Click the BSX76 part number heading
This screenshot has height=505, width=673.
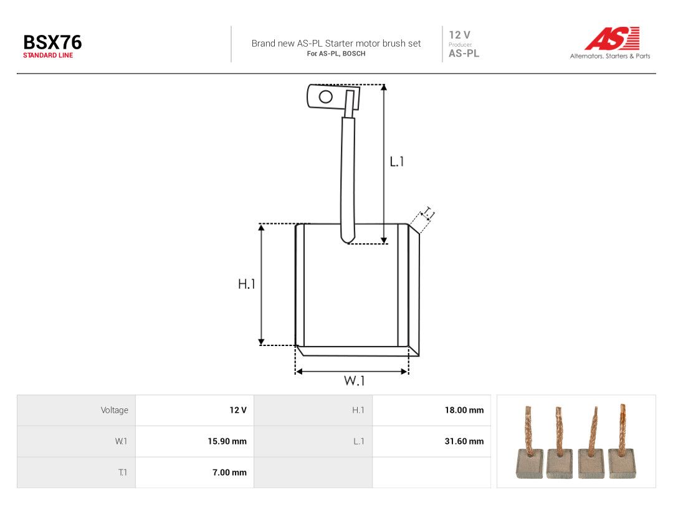(x=52, y=42)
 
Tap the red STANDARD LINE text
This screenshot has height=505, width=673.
(x=48, y=55)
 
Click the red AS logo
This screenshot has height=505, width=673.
(x=613, y=38)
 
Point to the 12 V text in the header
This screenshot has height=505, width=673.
(x=460, y=35)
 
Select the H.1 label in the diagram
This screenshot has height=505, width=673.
(x=247, y=284)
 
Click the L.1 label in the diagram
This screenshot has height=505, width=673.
(x=396, y=161)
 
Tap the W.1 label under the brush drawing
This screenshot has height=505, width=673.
(x=354, y=380)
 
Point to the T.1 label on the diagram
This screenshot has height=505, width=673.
(x=429, y=213)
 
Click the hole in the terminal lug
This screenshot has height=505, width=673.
(x=326, y=97)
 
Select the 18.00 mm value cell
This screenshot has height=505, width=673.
(x=464, y=410)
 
